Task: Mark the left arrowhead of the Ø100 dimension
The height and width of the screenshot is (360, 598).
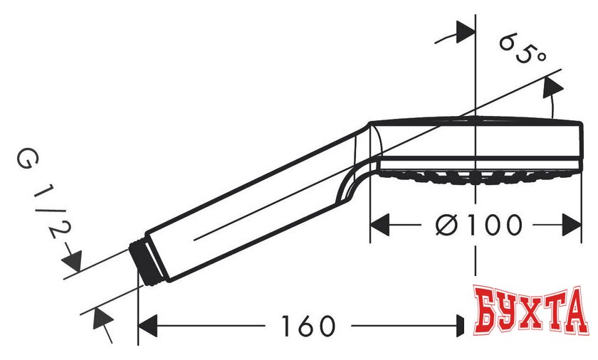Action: tap(380, 226)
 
